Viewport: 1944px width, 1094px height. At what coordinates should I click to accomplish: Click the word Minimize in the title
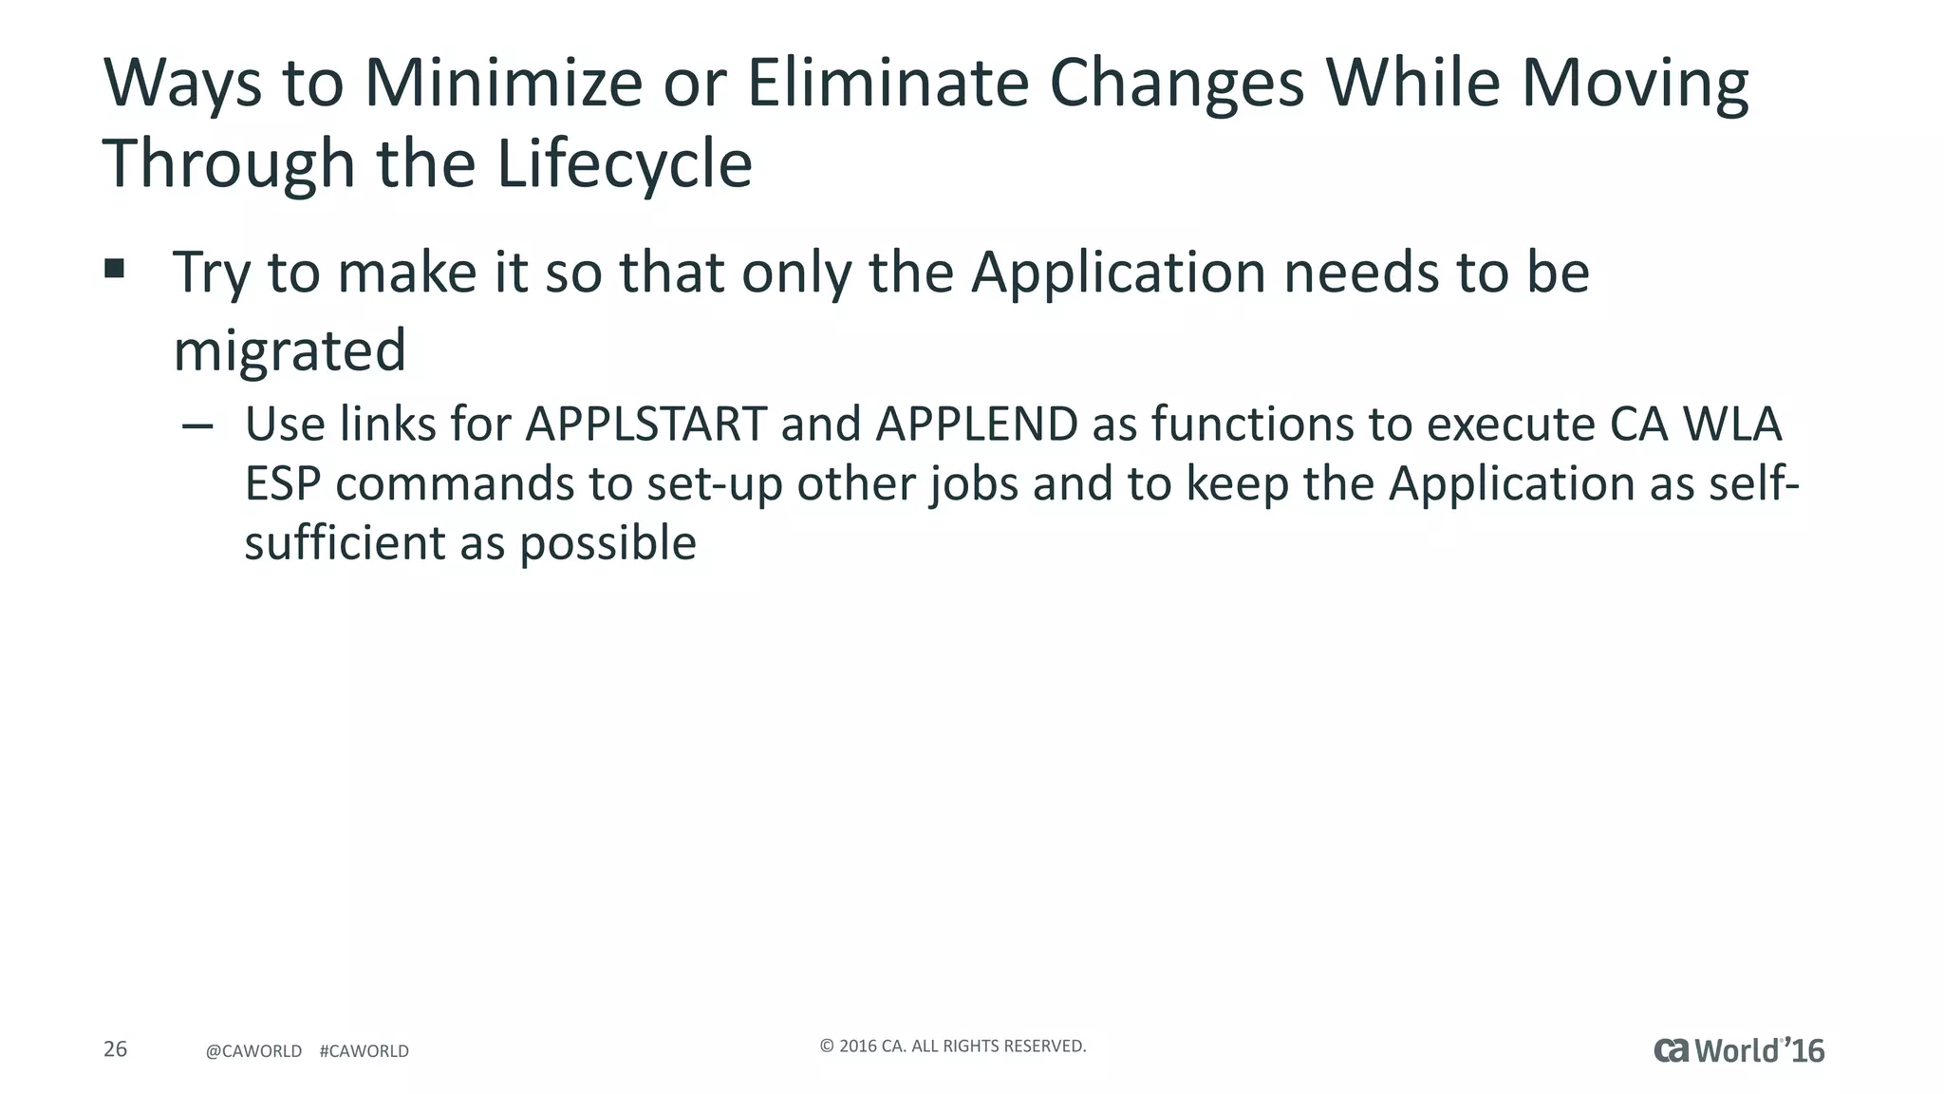tap(503, 84)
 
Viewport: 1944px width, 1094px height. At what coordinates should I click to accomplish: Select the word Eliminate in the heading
tap(888, 84)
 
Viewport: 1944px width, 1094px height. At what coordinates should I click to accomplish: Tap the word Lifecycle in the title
tap(624, 164)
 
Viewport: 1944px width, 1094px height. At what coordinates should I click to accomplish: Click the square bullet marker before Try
tap(115, 269)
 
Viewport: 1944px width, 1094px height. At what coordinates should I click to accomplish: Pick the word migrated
tap(290, 350)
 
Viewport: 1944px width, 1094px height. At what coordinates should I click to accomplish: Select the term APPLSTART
tap(645, 424)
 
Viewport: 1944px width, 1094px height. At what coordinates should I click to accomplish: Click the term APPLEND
tap(977, 424)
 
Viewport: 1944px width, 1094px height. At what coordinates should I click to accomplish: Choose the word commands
tap(455, 484)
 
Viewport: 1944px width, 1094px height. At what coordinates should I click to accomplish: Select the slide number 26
tap(115, 1049)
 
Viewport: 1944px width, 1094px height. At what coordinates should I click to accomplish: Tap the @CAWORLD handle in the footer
tap(253, 1051)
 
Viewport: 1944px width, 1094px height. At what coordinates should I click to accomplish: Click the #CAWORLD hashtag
tap(364, 1051)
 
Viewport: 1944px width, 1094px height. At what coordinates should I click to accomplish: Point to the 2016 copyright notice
tap(952, 1047)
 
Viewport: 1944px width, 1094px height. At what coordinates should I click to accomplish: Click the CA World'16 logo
tap(1739, 1050)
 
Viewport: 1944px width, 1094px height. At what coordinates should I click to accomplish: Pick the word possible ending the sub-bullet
tap(607, 544)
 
